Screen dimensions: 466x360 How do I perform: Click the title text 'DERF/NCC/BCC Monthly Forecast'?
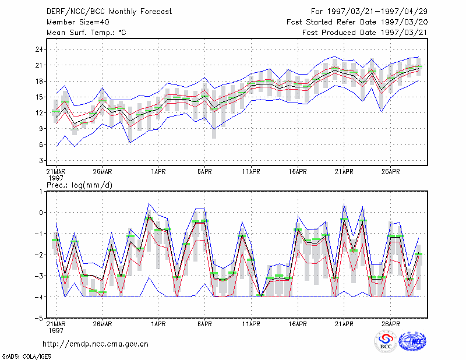109,12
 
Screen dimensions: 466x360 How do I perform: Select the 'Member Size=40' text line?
78,22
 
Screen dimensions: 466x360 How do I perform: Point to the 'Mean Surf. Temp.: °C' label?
86,33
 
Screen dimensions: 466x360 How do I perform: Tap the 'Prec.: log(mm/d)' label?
79,185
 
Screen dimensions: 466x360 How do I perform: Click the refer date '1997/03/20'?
404,22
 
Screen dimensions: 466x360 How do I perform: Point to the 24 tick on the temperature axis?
39,50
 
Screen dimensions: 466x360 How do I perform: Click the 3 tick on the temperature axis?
41,161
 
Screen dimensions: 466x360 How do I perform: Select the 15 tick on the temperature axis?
39,97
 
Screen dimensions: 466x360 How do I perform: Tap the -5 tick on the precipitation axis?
39,318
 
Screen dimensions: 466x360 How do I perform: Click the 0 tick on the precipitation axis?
41,213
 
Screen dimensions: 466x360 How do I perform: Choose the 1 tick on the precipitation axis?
41,192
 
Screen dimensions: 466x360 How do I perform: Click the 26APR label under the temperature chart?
390,171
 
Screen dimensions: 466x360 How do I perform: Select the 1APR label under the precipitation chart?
158,324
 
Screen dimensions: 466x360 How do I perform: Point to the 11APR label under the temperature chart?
251,171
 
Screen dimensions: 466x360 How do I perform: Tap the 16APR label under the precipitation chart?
298,324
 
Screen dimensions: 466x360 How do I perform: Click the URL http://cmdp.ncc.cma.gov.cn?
96,344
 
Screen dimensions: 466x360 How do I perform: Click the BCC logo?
386,342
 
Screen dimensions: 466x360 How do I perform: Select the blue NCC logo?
412,341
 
